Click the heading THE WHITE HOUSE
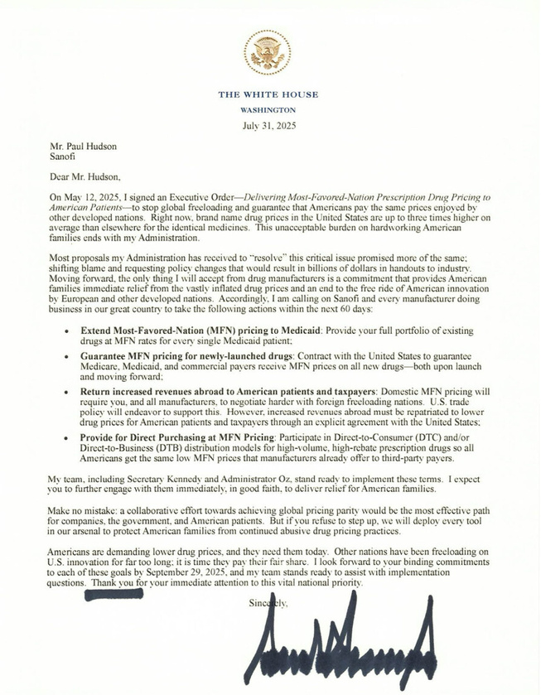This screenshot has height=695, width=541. [x=268, y=94]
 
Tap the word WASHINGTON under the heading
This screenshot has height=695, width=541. [x=268, y=109]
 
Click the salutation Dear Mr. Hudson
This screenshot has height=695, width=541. [x=85, y=176]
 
